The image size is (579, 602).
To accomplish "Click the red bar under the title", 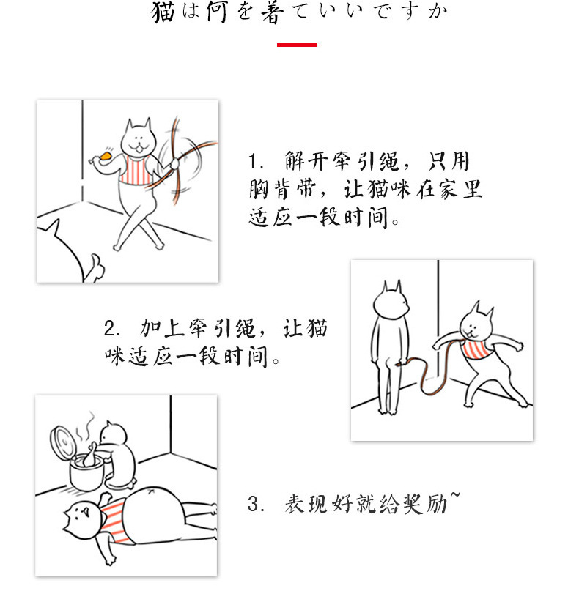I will tap(297, 45).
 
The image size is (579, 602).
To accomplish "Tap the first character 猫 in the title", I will tap(163, 12).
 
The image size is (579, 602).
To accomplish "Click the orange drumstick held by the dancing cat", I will tap(104, 155).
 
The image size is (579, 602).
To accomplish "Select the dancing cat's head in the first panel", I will tap(136, 137).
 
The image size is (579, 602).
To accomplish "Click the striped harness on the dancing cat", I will tap(135, 170).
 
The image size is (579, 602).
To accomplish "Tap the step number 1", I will tap(254, 163).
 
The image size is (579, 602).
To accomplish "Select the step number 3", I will tap(254, 505).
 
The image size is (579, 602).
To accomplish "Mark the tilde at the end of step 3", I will tap(456, 498).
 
